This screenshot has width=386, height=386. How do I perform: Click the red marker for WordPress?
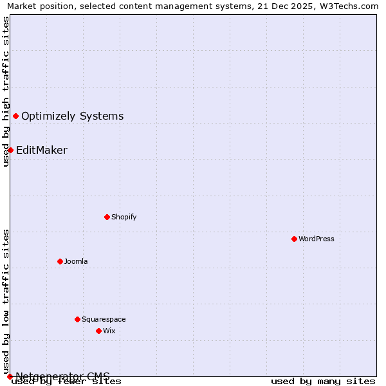294,239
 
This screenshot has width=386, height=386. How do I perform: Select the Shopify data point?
107,217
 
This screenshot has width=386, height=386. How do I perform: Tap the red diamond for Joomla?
60,261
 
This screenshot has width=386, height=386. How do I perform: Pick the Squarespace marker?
77,319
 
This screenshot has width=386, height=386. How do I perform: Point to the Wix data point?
98,331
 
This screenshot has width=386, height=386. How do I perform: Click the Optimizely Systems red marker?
15,116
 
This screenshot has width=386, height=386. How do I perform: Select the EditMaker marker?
10,150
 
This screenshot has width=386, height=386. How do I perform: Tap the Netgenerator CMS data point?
10,376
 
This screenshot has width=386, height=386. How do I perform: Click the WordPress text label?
317,239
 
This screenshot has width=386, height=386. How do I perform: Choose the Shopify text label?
124,217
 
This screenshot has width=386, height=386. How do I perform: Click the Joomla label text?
76,261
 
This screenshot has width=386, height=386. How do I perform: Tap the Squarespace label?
104,319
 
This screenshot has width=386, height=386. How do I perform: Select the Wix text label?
109,331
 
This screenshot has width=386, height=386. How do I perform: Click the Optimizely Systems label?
73,116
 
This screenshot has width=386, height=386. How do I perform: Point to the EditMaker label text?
42,151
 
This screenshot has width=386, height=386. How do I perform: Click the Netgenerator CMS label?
63,376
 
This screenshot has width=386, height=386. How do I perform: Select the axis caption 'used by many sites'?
323,381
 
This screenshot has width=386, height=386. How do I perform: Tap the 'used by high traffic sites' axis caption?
6,91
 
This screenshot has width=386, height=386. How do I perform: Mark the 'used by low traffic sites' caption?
6,301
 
